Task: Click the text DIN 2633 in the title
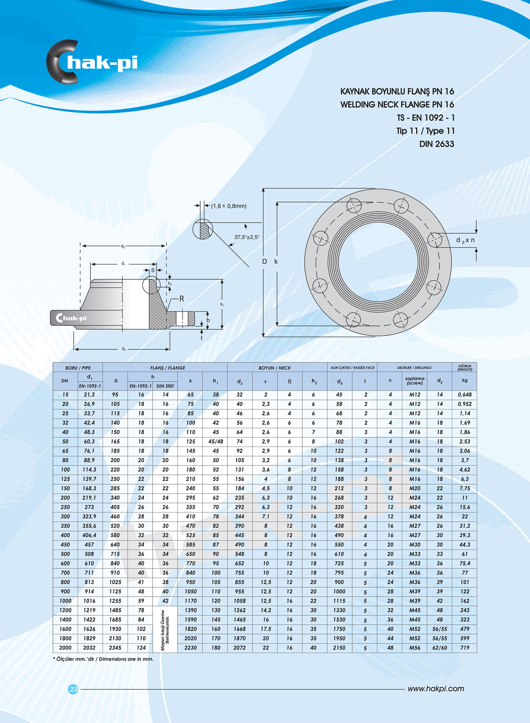pos(436,144)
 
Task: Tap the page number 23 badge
pos(74,689)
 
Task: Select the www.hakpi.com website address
pos(436,689)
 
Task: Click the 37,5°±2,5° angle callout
pos(247,237)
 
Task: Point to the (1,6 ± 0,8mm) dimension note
pos(229,206)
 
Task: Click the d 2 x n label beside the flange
pos(465,240)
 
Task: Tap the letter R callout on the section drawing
pos(182,299)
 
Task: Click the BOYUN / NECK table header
pos(274,368)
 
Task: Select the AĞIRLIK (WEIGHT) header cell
pos(465,368)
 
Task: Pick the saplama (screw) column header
pos(415,381)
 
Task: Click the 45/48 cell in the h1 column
pos(216,441)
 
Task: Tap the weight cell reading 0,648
pos(465,395)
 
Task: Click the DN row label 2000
pos(65,648)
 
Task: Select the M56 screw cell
pos(415,648)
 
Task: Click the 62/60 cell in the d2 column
pos(439,648)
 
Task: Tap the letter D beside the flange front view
pos(264,262)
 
